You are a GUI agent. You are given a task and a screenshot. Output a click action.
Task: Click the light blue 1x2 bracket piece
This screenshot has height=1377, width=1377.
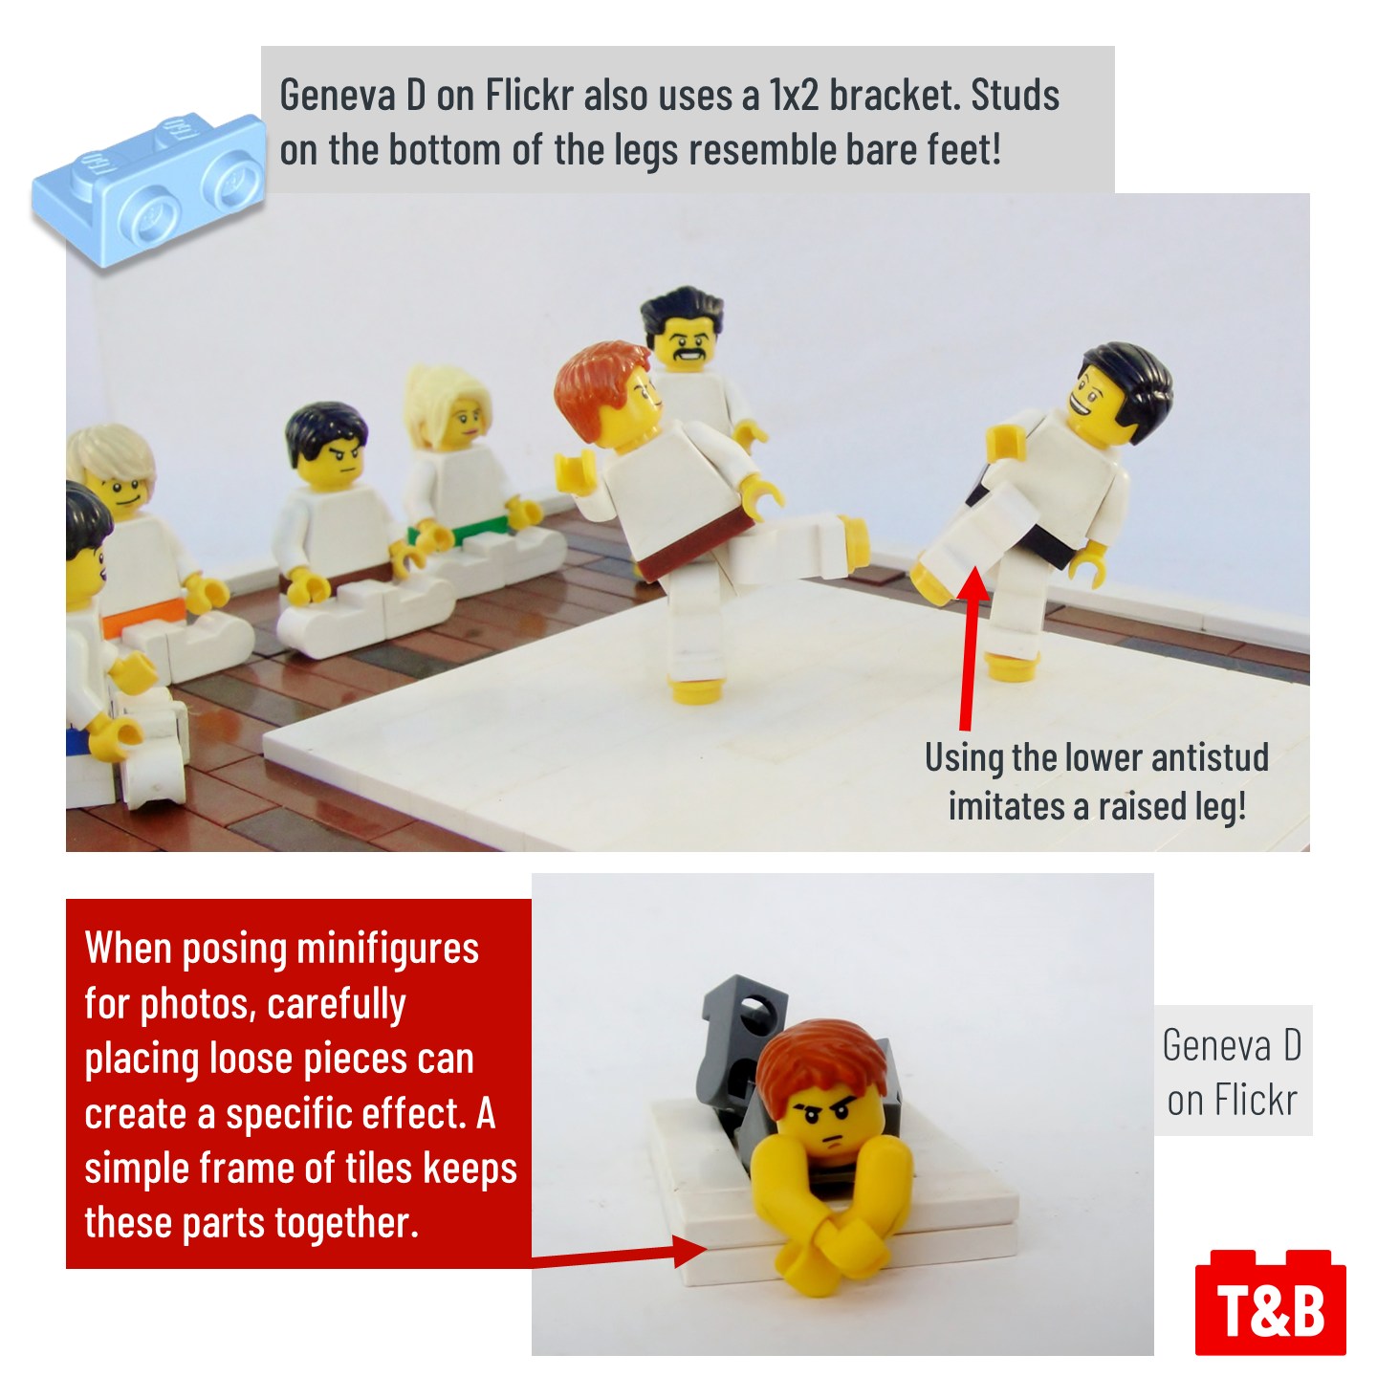click(x=148, y=189)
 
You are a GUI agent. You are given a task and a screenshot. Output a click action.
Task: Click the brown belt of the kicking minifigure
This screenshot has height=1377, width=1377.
click(x=696, y=546)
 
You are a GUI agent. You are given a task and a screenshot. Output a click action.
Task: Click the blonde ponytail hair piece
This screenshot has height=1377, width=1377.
click(x=446, y=399)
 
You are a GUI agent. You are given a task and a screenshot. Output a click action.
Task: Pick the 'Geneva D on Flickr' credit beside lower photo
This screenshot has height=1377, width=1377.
click(x=1232, y=1072)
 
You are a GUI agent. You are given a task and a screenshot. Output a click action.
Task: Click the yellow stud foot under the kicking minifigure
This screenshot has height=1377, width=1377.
click(x=693, y=690)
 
